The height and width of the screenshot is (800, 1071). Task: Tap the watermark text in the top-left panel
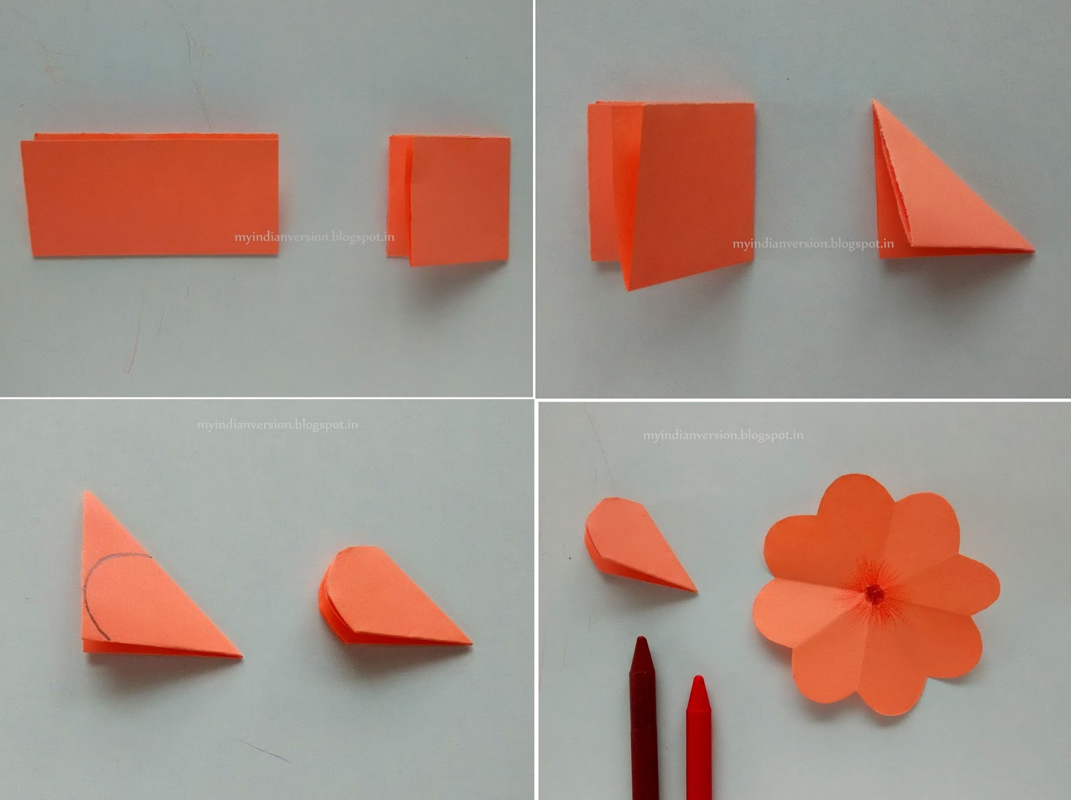point(314,237)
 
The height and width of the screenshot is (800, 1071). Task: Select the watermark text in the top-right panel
point(813,244)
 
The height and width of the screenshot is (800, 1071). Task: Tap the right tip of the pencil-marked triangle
point(240,655)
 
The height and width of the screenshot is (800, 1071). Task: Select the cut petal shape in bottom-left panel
point(388,599)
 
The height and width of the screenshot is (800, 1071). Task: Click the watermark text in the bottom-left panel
point(277,424)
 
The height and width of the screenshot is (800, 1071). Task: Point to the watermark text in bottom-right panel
point(723,435)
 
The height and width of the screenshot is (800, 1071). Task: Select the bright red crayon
point(698,736)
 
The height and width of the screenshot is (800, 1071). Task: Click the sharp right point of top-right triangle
point(1032,251)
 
